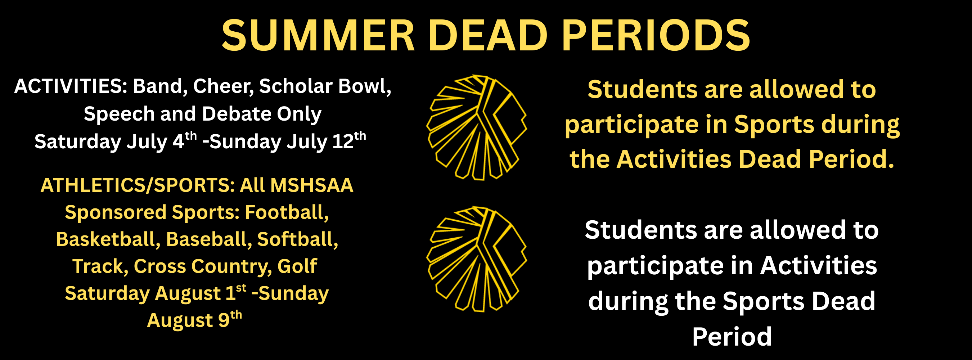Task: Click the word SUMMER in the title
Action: coord(318,36)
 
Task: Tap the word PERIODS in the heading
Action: coord(656,36)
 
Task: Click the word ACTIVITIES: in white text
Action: coord(71,86)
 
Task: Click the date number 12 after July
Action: coord(343,142)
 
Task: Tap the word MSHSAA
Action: coord(312,185)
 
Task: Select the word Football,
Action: coord(287,212)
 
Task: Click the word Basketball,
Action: coord(108,239)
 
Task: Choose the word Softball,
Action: coord(298,239)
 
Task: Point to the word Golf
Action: coord(297,266)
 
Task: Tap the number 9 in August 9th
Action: coord(224,321)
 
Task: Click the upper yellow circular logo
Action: coord(477,127)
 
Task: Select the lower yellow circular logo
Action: coord(477,259)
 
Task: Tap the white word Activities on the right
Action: coord(818,266)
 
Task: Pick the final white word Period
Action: coord(732,337)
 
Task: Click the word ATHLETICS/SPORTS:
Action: coord(138,185)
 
